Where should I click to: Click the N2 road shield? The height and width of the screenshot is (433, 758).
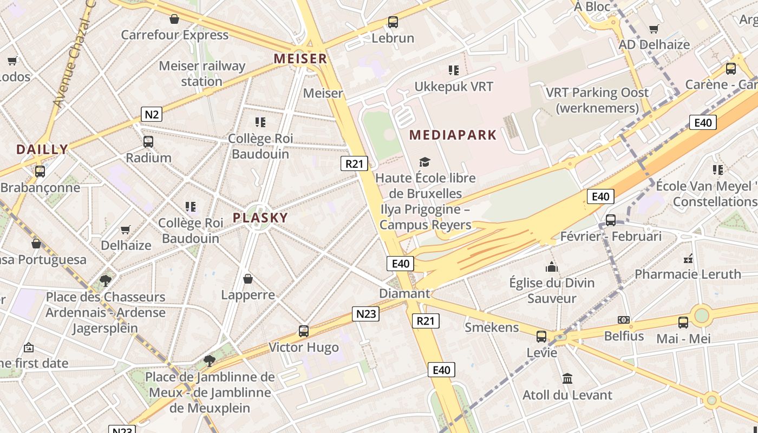[x=152, y=114]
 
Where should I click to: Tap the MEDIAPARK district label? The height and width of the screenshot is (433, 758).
[x=453, y=135]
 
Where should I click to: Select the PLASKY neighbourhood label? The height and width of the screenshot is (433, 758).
[x=260, y=218]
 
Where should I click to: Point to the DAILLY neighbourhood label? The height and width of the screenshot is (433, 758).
[x=42, y=149]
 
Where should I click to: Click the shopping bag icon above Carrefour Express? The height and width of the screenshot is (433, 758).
[x=174, y=19]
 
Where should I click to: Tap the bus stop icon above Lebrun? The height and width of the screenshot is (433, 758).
[x=393, y=22]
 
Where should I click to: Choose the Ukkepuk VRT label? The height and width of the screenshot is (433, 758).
[x=454, y=87]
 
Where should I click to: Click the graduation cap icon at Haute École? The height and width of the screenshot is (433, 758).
[x=425, y=162]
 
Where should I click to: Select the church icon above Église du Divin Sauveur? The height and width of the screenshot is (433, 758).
[x=552, y=267]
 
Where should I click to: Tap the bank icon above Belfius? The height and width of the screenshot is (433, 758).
[x=624, y=320]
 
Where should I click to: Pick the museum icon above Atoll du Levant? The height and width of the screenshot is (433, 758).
[x=567, y=378]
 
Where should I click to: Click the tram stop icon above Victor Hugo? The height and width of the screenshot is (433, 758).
[x=304, y=331]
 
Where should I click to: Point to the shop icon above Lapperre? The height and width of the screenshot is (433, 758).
[x=248, y=279]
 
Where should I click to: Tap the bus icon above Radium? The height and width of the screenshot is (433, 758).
[x=148, y=142]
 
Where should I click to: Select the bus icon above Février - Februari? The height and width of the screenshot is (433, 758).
[x=611, y=220]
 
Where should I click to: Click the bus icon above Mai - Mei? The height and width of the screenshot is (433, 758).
[x=683, y=323]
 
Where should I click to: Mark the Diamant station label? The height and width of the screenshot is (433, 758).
[x=404, y=293]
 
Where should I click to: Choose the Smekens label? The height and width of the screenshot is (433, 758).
[x=492, y=327]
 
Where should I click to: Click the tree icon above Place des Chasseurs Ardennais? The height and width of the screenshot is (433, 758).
[x=106, y=280]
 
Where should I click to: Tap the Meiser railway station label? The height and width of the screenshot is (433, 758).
[x=202, y=74]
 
